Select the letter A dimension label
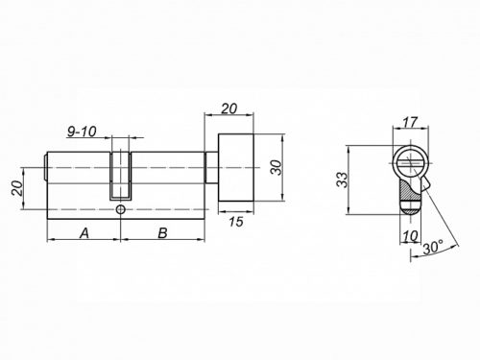[x=84, y=233]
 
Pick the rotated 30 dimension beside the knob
[x=276, y=168]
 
